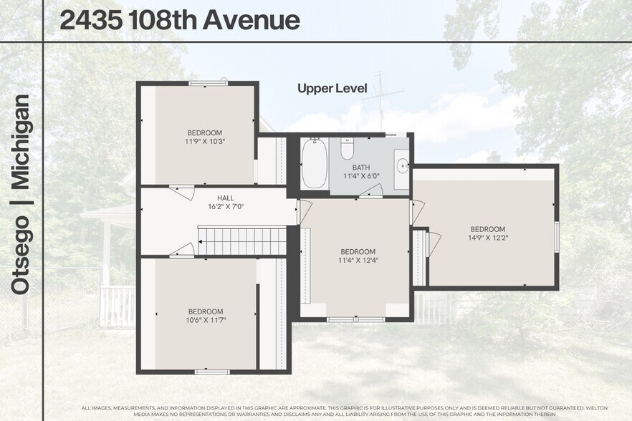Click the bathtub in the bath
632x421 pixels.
coord(315,164)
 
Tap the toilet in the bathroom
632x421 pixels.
coord(348,148)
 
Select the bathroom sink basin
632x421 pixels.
coord(401,164)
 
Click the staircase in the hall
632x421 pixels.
coord(242,241)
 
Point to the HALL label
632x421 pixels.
coord(226,198)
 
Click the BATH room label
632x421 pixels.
coord(361,168)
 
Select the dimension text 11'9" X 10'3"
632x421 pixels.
coord(205,142)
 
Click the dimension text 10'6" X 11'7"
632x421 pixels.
coord(205,320)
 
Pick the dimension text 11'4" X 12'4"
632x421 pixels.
coord(358,261)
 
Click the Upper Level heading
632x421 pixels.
coord(332,89)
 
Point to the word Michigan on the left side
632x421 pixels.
coord(21,141)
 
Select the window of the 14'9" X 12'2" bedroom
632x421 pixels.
coord(557,236)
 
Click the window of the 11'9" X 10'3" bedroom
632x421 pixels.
coord(208,83)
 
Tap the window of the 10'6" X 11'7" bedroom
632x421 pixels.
coord(212,372)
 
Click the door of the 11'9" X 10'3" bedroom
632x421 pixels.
coord(182,192)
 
